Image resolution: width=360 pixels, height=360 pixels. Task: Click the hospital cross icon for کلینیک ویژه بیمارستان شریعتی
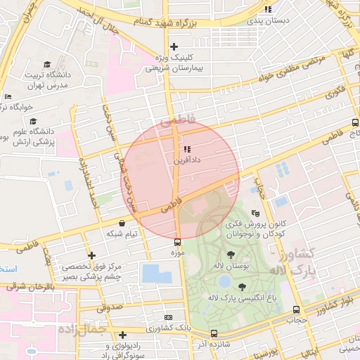(x=174, y=46)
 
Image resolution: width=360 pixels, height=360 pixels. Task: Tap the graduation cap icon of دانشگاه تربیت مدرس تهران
(x=47, y=64)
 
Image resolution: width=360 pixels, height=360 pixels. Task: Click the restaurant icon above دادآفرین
(x=186, y=149)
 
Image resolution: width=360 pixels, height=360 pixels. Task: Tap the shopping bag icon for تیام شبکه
(x=123, y=223)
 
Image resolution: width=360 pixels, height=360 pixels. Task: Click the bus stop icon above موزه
(x=176, y=240)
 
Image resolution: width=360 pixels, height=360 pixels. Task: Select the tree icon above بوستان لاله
(x=231, y=255)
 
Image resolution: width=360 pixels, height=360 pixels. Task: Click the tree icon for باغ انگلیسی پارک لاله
(x=242, y=286)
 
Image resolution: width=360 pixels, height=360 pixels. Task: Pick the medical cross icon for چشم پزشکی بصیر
(x=91, y=255)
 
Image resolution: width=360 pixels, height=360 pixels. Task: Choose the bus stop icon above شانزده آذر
(x=214, y=333)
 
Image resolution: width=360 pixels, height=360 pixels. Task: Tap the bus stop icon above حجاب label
(x=296, y=309)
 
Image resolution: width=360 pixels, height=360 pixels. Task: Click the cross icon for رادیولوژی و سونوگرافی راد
(x=123, y=335)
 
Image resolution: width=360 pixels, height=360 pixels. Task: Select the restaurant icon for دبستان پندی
(x=267, y=9)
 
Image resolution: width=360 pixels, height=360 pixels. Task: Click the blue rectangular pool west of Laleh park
(x=156, y=274)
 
